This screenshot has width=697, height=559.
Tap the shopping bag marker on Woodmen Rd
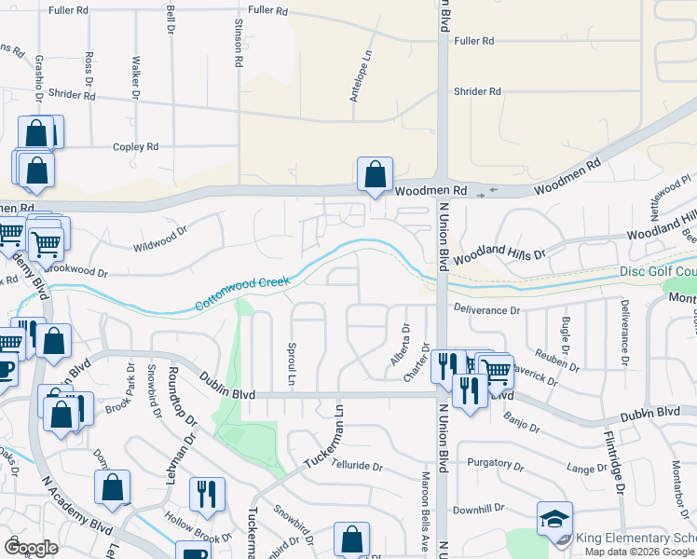click(375, 174)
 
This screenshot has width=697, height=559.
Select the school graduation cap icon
click(554, 518)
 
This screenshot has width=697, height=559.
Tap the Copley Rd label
click(136, 147)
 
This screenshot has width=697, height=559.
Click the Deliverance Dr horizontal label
click(486, 309)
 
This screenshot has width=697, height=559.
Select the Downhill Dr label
click(478, 509)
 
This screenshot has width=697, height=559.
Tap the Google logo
click(31, 548)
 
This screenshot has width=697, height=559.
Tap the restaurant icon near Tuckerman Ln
click(205, 494)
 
